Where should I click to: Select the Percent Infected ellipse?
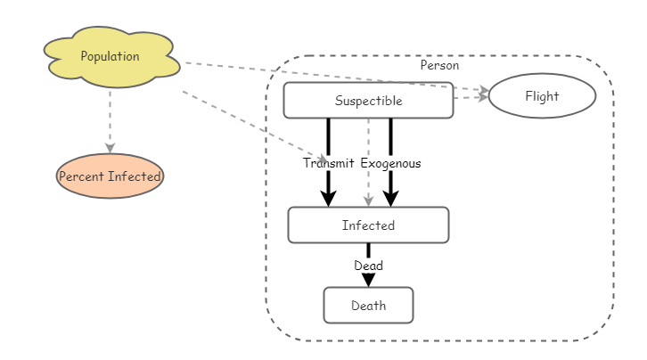110,176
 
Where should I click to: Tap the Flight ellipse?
542,96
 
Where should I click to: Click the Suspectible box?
368,101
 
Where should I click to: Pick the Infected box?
368,225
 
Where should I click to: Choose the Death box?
368,306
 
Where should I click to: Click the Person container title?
439,65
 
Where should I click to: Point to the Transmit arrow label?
328,163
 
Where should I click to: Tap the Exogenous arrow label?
390,163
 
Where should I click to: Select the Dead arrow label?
368,266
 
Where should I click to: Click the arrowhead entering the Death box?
368,280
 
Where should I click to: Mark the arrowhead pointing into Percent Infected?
110,148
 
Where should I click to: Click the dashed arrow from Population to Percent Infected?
110,116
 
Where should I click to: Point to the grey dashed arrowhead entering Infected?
368,201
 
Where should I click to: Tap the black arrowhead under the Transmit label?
328,199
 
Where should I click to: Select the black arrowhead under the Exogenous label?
390,199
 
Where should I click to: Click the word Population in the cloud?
110,56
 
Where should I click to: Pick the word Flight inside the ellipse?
542,96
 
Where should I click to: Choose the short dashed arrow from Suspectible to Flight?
470,98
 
